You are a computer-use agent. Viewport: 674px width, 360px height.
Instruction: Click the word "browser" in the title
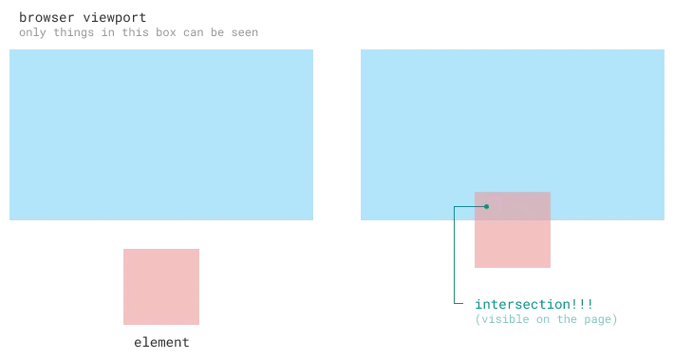coord(45,17)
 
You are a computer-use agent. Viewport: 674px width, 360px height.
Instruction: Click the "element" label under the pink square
coord(161,342)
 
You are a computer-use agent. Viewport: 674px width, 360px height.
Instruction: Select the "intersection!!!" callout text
coord(534,304)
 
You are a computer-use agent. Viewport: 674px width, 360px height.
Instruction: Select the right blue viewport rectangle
coord(513,114)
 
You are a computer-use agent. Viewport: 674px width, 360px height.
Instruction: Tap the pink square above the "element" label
coord(161,287)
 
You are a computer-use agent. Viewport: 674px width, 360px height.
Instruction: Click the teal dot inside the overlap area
coord(486,206)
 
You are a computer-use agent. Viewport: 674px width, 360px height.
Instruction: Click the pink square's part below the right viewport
coord(513,244)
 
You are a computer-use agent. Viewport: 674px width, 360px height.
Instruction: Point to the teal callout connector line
coord(455,256)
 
